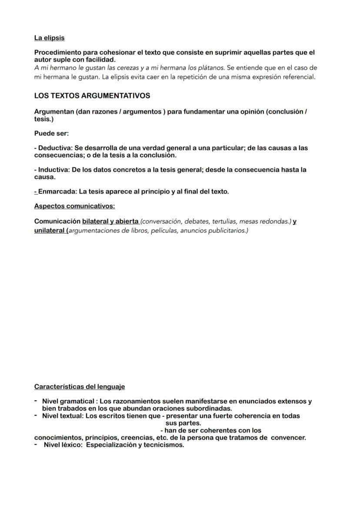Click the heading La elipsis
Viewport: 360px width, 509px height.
(49, 38)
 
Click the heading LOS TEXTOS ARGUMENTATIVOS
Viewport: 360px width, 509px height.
(92, 96)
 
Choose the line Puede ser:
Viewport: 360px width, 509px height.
(51, 133)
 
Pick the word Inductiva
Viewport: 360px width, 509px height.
(53, 170)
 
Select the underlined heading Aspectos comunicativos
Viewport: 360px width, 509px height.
(74, 206)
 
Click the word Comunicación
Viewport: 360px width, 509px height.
(57, 221)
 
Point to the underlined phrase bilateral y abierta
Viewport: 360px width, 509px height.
(110, 221)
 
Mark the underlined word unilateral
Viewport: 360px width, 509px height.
(50, 230)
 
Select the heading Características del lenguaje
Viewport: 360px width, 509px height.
(80, 386)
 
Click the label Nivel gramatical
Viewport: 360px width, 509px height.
(68, 401)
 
